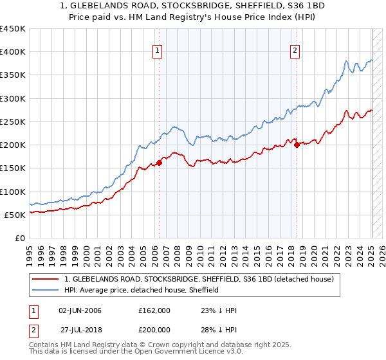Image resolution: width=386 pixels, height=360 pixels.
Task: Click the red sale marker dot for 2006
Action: tap(159, 163)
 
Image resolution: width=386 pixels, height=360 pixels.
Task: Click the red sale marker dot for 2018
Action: tap(297, 145)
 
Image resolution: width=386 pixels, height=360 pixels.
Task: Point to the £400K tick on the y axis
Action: tap(13, 52)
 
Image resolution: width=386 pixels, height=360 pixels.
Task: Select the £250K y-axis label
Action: tap(13, 122)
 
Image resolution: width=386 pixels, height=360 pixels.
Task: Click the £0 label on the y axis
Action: tap(19, 238)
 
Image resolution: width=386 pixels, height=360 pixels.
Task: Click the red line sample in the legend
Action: tap(46, 280)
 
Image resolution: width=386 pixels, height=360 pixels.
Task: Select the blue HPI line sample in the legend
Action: tap(46, 290)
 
